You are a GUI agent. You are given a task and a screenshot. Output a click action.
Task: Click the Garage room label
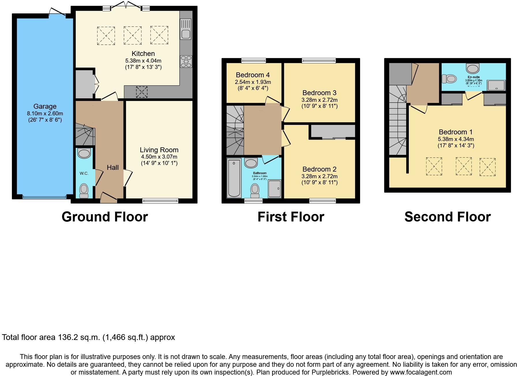45,106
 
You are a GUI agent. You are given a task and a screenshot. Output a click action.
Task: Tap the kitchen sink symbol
186,29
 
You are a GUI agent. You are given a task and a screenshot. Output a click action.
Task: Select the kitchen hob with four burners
186,61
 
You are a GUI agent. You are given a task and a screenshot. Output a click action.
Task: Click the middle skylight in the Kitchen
132,35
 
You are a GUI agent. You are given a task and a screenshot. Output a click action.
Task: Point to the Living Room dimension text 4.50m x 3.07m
159,157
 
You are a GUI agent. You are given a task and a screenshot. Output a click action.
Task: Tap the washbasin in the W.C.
84,153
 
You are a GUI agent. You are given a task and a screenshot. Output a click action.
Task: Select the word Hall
113,168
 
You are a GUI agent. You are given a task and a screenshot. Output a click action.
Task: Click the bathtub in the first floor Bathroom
234,178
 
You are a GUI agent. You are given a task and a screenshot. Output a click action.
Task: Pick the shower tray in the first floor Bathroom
274,189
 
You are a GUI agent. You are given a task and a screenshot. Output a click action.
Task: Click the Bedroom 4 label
253,75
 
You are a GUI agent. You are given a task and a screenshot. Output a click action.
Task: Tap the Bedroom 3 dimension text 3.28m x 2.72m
319,100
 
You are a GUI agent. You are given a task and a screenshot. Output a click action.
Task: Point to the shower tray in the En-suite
496,85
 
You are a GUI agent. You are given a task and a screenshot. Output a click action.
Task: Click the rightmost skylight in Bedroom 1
488,167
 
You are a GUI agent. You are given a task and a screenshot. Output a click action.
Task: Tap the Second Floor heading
447,217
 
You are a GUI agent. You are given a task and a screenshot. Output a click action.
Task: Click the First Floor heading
291,217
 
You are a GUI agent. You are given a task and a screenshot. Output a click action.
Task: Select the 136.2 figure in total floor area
68,337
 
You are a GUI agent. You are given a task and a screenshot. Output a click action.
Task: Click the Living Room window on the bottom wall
160,201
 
